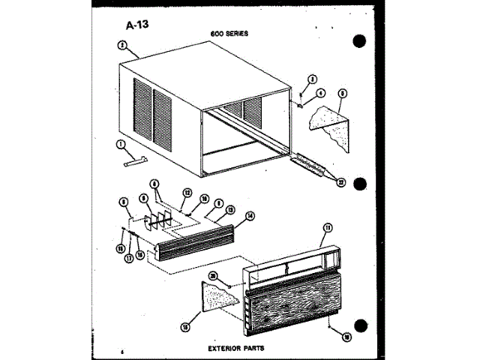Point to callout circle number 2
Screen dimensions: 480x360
pyautogui.click(x=120, y=44)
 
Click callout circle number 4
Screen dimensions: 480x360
pyautogui.click(x=320, y=92)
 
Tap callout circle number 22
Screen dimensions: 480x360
pyautogui.click(x=340, y=180)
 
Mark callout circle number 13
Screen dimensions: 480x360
pyautogui.click(x=231, y=210)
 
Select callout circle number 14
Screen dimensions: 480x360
pyautogui.click(x=250, y=215)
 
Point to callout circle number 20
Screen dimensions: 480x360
pyautogui.click(x=214, y=277)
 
